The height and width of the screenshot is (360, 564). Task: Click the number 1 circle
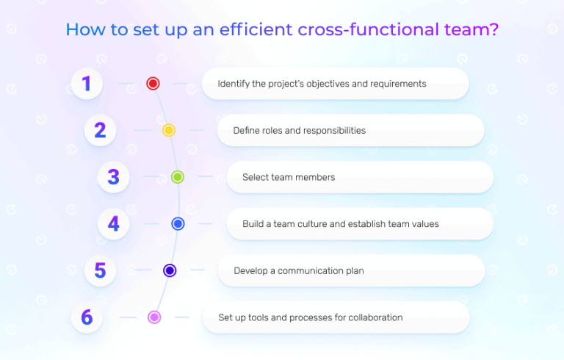coord(87,84)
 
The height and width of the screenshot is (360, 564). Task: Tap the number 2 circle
coord(100,130)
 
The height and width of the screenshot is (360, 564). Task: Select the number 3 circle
coord(113,177)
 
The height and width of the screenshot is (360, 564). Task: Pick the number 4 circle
coord(113,223)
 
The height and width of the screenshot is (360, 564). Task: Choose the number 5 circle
coord(100,270)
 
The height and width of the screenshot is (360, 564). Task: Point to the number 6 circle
coord(87,317)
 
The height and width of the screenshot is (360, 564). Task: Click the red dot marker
coord(153,84)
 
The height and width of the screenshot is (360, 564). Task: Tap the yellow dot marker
coord(168,130)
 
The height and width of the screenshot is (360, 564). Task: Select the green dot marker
coord(178,177)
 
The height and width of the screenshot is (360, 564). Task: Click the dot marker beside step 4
coord(178,223)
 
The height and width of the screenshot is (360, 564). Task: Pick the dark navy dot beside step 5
coord(170,270)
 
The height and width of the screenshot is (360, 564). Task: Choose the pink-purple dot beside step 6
coord(154,317)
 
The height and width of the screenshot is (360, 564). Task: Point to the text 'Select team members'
coord(289,177)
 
